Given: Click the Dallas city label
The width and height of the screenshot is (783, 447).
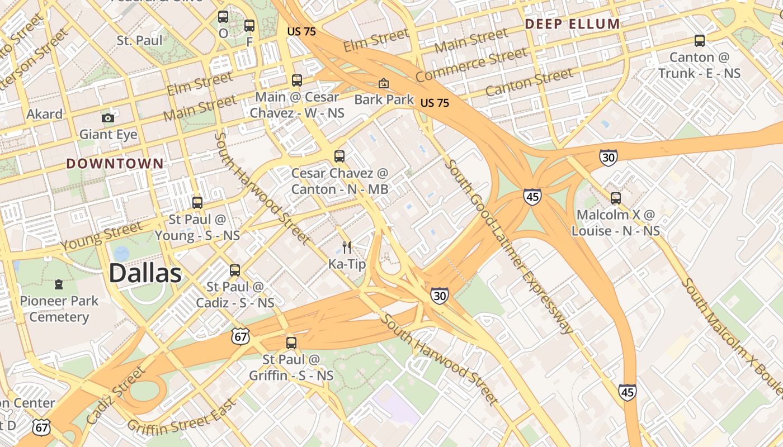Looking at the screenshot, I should [145, 274].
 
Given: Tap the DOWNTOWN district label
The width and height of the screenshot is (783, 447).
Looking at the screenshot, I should [115, 164].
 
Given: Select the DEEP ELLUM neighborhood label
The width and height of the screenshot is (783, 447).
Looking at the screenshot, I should [572, 24].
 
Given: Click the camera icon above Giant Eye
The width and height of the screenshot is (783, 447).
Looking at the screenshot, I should [108, 118].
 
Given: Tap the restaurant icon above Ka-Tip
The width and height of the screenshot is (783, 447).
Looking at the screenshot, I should [347, 247].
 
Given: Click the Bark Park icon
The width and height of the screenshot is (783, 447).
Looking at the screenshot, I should [384, 83].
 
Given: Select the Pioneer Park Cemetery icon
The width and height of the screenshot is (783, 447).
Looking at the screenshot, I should [59, 284].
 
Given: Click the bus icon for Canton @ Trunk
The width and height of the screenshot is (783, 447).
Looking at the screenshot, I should [699, 40].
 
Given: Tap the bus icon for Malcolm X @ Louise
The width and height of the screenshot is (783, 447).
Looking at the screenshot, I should [615, 198].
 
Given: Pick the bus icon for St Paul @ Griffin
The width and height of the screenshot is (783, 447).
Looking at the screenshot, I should [291, 343].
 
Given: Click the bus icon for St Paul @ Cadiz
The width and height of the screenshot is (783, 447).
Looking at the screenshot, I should [235, 270].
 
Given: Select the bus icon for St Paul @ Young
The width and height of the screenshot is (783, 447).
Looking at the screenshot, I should [197, 202].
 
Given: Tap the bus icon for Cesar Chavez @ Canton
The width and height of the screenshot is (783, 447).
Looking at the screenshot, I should [339, 156].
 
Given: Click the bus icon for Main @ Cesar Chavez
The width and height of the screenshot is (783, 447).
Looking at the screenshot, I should [296, 80].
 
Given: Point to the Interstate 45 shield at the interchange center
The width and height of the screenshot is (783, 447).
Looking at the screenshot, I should [532, 197].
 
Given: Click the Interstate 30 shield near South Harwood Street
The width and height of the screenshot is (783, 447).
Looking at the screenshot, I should [439, 296].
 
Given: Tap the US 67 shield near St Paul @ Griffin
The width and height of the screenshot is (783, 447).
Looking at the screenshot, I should [240, 336].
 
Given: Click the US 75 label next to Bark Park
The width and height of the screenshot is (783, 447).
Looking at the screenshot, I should [435, 103].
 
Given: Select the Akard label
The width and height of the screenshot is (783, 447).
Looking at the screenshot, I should [45, 114].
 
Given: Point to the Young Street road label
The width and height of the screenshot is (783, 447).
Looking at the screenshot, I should [101, 236].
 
